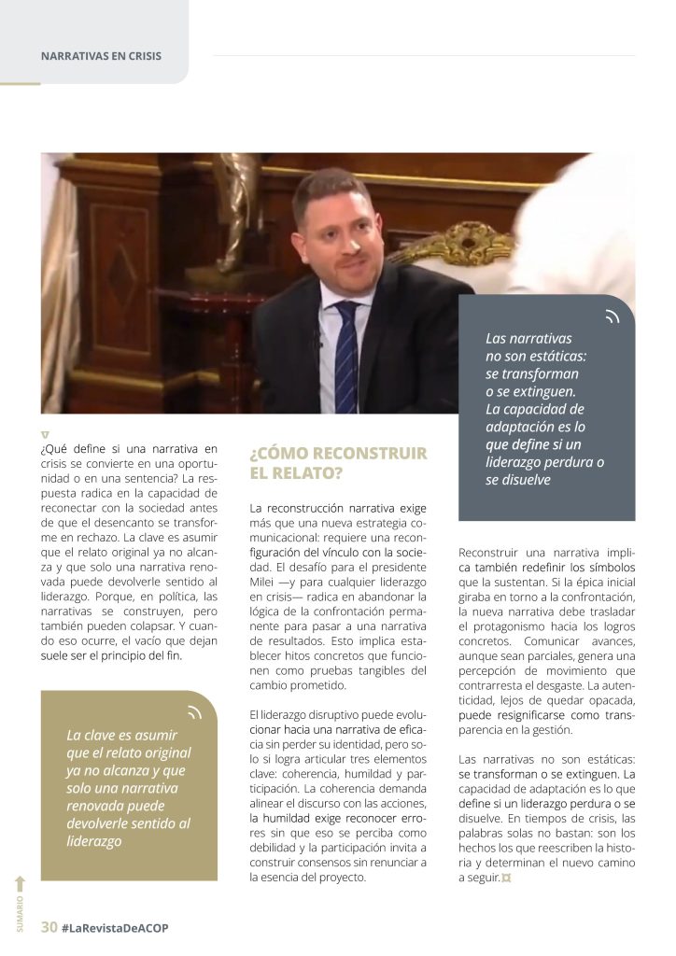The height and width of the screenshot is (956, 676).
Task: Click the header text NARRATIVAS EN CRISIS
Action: click(x=101, y=56)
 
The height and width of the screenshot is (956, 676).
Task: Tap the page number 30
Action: click(x=49, y=927)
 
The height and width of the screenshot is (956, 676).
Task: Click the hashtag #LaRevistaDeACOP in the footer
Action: click(x=115, y=927)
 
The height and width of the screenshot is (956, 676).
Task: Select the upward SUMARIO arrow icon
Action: click(x=21, y=883)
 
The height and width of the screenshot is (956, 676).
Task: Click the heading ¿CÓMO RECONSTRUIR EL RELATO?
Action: click(x=337, y=463)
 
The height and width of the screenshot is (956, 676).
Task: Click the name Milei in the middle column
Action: click(x=266, y=583)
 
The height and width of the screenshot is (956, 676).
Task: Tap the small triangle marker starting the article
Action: click(x=45, y=435)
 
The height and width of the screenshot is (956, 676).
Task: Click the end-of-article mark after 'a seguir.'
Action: click(x=507, y=879)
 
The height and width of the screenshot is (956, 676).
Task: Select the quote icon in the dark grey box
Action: click(x=612, y=317)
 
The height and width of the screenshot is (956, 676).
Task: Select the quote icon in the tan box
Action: click(x=194, y=713)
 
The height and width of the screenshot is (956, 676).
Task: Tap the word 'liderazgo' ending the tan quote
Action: click(x=93, y=841)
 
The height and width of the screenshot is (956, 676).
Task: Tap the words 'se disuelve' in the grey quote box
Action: click(x=518, y=480)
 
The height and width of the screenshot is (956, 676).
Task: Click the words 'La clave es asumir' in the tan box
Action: click(x=121, y=735)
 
